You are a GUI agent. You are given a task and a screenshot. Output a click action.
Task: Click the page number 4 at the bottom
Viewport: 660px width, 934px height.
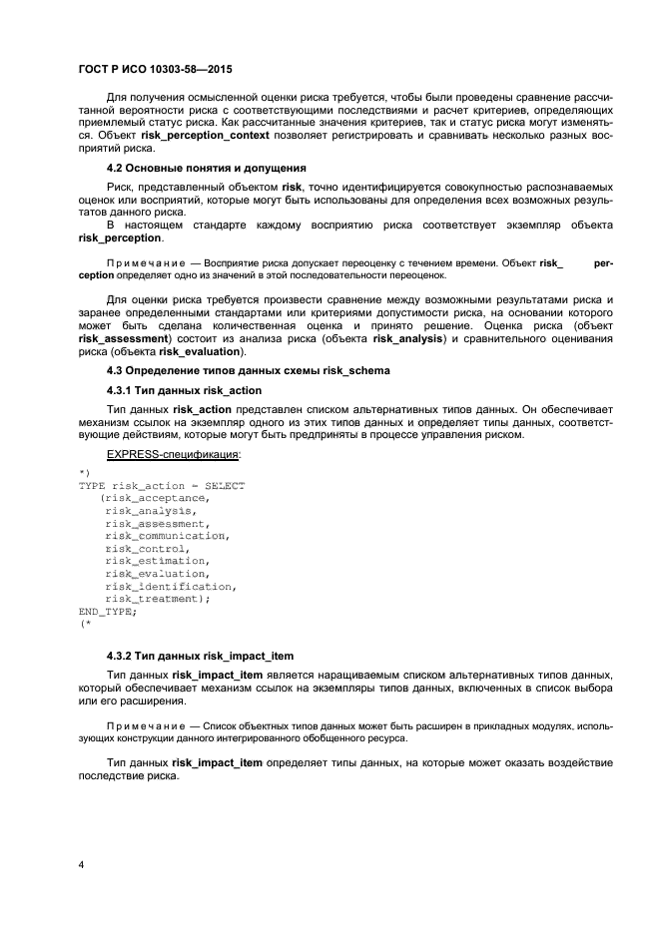pos(81,865)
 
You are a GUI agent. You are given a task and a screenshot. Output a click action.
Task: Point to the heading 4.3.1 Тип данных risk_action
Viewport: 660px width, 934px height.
pos(184,389)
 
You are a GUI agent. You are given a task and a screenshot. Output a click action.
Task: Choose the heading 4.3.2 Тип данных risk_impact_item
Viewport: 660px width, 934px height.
pos(200,656)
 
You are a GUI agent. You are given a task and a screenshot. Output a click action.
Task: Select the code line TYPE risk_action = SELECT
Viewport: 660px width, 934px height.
pos(161,485)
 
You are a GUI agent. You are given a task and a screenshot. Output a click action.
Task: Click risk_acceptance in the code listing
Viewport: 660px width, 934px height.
pos(155,498)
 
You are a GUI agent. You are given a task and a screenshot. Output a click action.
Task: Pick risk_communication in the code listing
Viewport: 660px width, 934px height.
pos(167,536)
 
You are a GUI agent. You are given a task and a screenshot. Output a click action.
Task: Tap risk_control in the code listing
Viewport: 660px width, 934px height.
pos(146,549)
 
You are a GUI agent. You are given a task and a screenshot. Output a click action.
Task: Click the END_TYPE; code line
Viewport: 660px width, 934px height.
pos(108,612)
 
